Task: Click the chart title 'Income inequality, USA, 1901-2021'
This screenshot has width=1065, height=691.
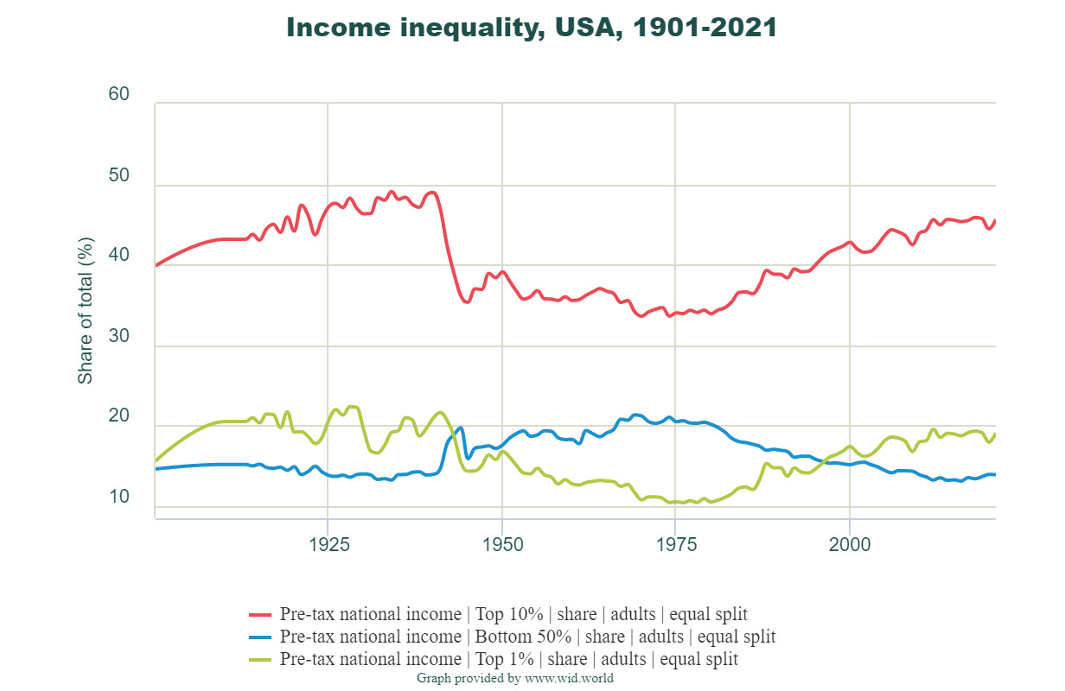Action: pos(532,28)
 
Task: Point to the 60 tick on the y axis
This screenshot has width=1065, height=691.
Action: pos(119,94)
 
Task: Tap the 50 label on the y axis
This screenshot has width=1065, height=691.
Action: pos(119,176)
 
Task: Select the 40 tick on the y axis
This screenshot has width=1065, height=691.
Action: pos(119,257)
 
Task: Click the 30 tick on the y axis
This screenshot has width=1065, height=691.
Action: pos(119,337)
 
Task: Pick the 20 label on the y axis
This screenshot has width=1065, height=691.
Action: pos(119,417)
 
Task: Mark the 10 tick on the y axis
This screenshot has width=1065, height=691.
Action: pos(119,498)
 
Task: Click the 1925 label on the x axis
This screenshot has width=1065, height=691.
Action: pos(328,548)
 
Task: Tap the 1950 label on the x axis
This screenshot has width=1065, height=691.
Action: pos(502,548)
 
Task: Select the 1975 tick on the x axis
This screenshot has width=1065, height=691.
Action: pos(676,548)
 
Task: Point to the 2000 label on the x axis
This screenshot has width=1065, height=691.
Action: pos(850,548)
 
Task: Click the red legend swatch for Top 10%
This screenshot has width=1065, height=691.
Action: pos(260,615)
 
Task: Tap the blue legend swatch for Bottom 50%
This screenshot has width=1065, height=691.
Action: pos(260,637)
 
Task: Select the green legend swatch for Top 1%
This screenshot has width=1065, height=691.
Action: pos(260,659)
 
